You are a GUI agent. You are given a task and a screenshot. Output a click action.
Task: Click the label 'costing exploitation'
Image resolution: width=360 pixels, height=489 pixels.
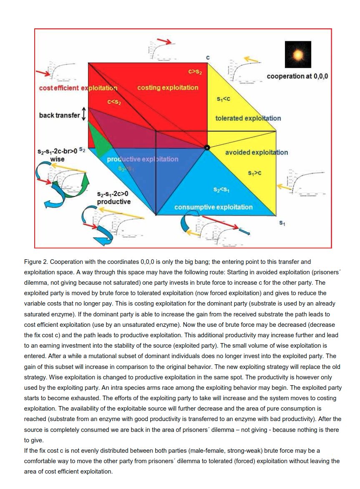[168, 88]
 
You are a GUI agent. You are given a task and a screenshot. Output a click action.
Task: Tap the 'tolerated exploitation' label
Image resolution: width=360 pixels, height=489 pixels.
[248, 118]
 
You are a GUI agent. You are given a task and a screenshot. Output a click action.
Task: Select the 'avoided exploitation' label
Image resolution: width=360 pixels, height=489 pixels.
[256, 153]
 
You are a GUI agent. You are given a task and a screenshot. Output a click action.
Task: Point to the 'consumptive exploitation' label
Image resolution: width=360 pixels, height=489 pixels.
[213, 207]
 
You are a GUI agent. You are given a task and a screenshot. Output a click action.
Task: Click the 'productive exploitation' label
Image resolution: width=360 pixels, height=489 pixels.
[142, 159]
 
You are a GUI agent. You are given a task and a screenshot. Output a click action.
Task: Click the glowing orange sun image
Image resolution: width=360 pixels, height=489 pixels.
[298, 55]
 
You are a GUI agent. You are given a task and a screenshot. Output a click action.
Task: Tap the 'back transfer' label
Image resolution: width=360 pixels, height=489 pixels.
[59, 115]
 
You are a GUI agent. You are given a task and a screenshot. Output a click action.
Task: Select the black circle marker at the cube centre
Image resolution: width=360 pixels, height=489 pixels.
[206, 147]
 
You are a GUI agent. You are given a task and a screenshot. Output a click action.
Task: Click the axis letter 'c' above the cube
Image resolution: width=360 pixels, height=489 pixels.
[208, 57]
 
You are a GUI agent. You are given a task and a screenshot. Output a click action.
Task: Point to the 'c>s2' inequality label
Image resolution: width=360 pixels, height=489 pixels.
[195, 72]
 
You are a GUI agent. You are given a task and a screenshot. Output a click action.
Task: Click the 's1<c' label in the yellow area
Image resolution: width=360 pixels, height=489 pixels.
[224, 99]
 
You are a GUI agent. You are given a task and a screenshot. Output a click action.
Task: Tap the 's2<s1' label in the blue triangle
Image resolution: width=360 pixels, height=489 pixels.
[222, 190]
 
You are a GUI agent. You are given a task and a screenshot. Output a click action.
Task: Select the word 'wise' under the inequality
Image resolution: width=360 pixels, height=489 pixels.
[57, 159]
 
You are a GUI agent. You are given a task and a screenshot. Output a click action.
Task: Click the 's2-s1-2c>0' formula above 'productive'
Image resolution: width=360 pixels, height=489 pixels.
[113, 194]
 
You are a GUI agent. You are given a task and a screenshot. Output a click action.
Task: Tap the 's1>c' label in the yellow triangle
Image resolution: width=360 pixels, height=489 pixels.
[254, 173]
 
